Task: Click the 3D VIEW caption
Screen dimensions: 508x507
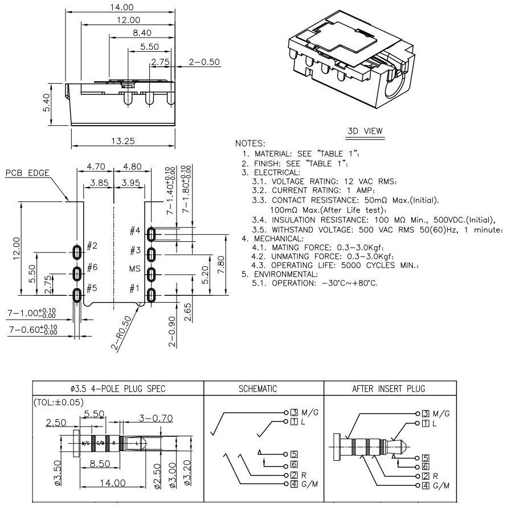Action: (x=365, y=131)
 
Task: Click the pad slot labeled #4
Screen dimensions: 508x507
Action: (x=152, y=234)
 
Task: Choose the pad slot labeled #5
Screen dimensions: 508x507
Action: (x=77, y=294)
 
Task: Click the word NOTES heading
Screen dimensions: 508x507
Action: (x=250, y=143)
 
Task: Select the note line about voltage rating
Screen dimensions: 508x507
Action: (x=324, y=181)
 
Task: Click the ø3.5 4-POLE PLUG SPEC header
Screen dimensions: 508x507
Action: (x=117, y=389)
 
